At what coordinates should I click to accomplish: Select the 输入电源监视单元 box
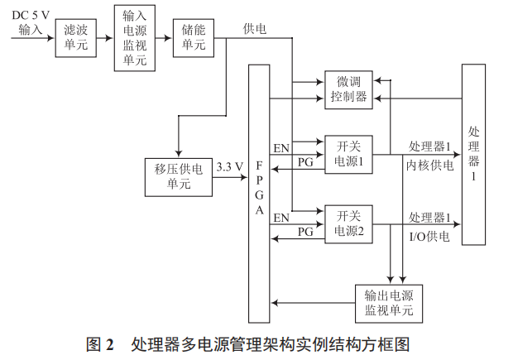(x=134, y=38)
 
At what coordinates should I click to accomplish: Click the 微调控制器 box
(x=348, y=89)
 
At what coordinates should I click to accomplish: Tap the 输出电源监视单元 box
(x=388, y=303)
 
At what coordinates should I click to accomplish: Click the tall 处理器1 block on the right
(x=473, y=155)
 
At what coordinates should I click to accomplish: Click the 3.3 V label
(x=229, y=166)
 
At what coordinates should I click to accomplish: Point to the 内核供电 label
(x=429, y=165)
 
